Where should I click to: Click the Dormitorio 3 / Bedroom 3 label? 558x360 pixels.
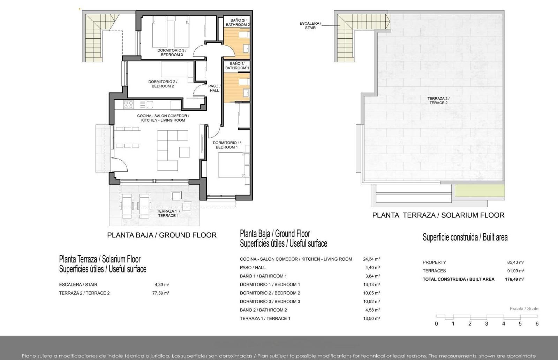[x=172, y=53]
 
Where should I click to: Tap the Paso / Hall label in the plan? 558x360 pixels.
[x=214, y=88]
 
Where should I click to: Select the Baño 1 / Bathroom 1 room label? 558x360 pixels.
[x=237, y=66]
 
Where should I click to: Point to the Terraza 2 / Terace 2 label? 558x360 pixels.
[x=438, y=101]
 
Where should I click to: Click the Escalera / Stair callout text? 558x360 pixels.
[x=310, y=25]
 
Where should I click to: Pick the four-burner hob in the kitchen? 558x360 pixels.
[x=129, y=105]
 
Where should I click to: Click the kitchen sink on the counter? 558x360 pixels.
[x=150, y=105]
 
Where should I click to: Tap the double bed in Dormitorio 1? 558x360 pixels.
[x=232, y=165]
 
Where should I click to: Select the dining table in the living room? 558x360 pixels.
[x=128, y=137]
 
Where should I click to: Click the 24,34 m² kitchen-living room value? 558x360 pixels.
[x=371, y=259]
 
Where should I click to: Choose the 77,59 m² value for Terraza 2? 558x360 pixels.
[x=161, y=293]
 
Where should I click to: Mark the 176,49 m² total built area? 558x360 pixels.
[x=514, y=279]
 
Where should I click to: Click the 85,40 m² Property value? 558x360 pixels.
[x=516, y=262]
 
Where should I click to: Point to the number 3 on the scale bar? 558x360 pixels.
[x=487, y=324]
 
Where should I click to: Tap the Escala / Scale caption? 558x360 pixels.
[x=524, y=309]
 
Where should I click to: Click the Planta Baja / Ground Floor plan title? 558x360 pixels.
[x=162, y=235]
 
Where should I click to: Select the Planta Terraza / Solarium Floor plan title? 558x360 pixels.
[x=438, y=215]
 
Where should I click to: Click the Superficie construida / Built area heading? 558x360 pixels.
[x=465, y=237]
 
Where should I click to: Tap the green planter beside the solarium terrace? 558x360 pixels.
[x=480, y=191]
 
